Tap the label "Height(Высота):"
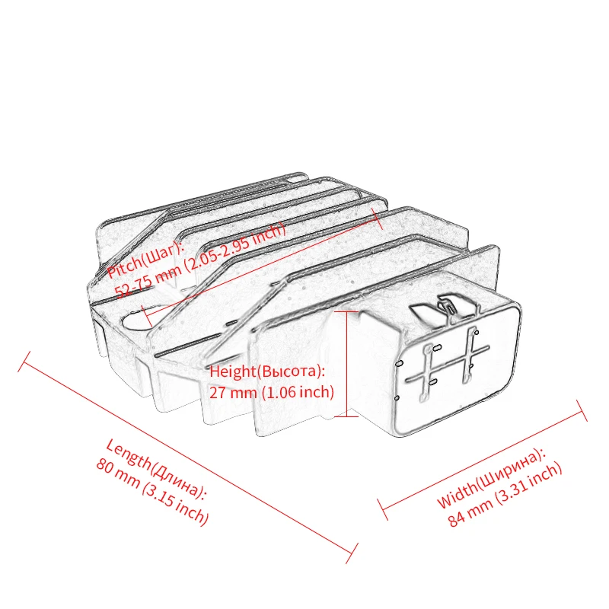pyautogui.click(x=267, y=371)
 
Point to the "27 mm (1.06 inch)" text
pyautogui.click(x=272, y=393)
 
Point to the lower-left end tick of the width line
pyautogui.click(x=384, y=509)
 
